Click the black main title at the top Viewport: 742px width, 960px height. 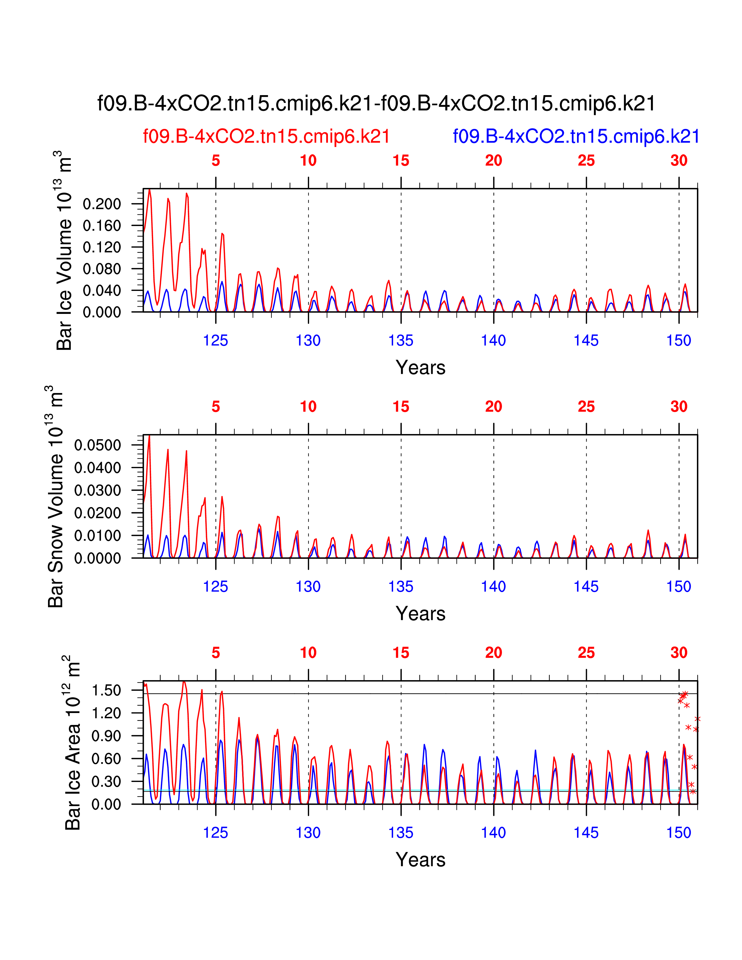click(376, 104)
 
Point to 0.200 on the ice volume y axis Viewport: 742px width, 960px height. click(102, 204)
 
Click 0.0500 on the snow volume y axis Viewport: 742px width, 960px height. click(97, 445)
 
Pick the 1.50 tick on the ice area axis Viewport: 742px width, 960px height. click(106, 691)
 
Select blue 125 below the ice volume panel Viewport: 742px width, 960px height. click(215, 340)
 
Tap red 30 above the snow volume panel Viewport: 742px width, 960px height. click(679, 407)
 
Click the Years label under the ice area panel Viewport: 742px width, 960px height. click(420, 859)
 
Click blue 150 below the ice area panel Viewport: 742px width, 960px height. click(679, 833)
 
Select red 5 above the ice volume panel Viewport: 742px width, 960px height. click(215, 161)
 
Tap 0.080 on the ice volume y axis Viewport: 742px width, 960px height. click(102, 269)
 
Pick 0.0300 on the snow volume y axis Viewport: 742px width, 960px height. click(97, 490)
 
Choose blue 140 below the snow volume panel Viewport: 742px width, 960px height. click(493, 586)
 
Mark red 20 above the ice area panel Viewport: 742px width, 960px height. click(493, 653)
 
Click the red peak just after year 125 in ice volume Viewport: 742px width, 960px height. click(222, 234)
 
